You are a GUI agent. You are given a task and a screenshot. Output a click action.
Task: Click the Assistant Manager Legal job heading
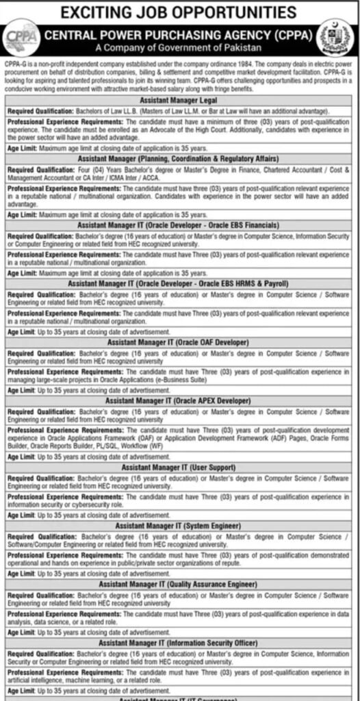pyautogui.click(x=177, y=99)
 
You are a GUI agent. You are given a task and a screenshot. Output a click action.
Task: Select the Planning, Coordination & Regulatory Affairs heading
pyautogui.click(x=177, y=157)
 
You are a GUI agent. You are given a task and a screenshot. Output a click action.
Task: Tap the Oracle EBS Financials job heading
pyautogui.click(x=177, y=224)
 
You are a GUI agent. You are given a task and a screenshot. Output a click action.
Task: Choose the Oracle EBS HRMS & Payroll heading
pyautogui.click(x=177, y=282)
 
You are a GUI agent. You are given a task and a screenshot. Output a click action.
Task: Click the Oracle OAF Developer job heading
pyautogui.click(x=177, y=341)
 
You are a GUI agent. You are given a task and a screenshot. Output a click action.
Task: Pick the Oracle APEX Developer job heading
pyautogui.click(x=177, y=400)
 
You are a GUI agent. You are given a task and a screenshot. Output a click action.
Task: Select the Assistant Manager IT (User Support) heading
pyautogui.click(x=177, y=467)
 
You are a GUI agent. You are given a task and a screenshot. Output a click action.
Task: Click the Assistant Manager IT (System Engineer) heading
pyautogui.click(x=177, y=525)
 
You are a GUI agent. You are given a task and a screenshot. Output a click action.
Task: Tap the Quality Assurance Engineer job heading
pyautogui.click(x=177, y=584)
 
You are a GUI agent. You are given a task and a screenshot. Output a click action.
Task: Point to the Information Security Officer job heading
pyautogui.click(x=177, y=643)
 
